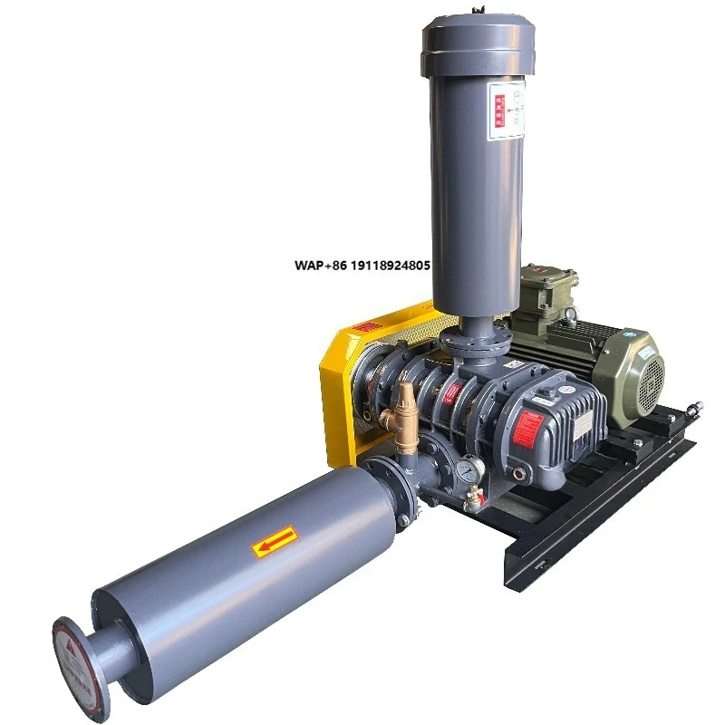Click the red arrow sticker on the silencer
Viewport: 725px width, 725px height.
[x=275, y=540]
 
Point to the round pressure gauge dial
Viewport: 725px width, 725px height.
[x=466, y=469]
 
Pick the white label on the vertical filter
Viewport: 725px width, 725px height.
[x=506, y=111]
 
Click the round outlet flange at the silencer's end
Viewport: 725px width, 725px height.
[x=82, y=666]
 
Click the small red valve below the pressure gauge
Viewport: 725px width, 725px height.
[x=471, y=495]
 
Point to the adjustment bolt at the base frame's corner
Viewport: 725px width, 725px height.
[x=693, y=409]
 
